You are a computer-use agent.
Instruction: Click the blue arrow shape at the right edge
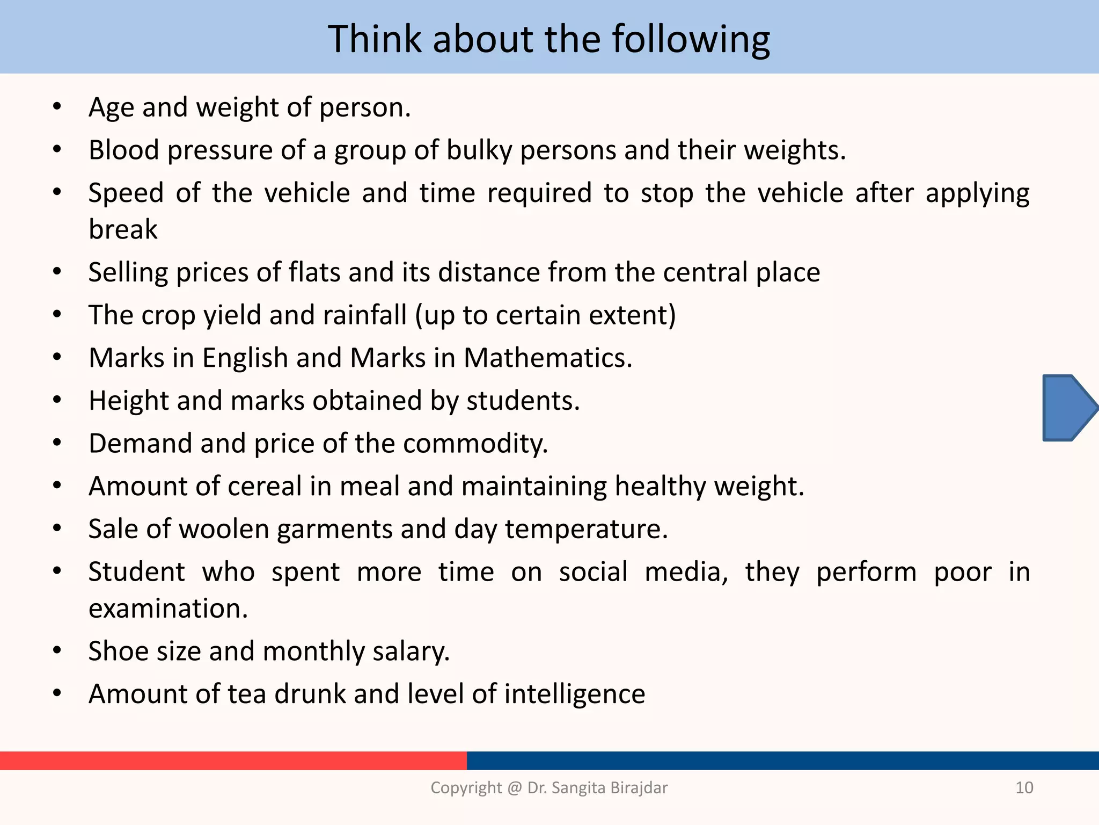coord(1068,408)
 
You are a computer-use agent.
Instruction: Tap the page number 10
coord(1024,787)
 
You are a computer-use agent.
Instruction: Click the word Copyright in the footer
coord(466,787)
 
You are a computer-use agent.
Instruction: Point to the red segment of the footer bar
coord(233,760)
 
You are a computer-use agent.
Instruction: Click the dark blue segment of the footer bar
coord(782,760)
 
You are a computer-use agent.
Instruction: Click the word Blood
coord(124,150)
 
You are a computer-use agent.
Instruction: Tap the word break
coord(123,229)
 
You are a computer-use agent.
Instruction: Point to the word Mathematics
coord(548,358)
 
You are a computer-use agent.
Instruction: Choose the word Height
coord(129,401)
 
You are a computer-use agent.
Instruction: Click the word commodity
coord(475,444)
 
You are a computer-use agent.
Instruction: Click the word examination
coord(168,609)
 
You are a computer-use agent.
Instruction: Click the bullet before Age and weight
coord(57,106)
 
